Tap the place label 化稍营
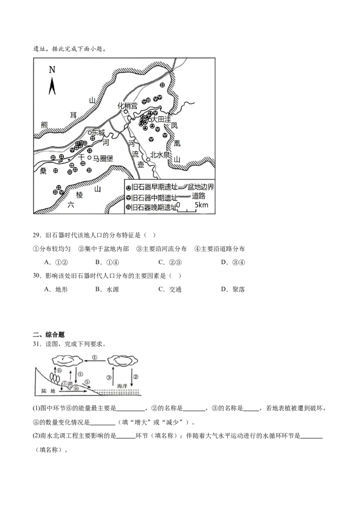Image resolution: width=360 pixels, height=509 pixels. (127, 106)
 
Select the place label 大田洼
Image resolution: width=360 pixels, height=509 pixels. (161, 120)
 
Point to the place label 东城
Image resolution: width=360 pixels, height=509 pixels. (99, 133)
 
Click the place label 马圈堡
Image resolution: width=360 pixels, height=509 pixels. (103, 158)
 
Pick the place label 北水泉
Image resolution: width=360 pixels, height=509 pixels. (160, 155)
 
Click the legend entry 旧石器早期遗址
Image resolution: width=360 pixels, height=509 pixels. (151, 187)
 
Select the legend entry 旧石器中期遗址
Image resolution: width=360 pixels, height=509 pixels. (151, 197)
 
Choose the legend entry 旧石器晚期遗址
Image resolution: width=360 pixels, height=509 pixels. (151, 207)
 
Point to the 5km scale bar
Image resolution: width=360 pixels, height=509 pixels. (191, 207)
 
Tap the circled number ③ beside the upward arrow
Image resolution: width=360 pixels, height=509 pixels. (108, 377)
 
